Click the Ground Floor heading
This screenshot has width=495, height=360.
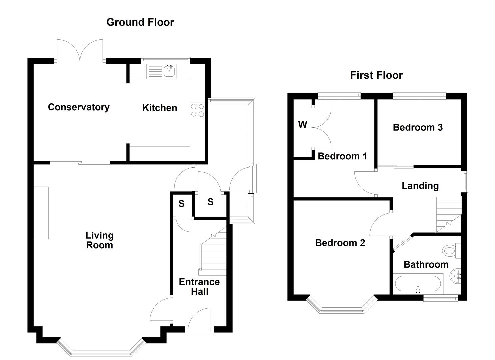pos(140,22)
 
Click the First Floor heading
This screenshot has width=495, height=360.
pos(376,75)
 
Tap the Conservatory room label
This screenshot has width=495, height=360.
pos(79,107)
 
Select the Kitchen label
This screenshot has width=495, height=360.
pos(159,108)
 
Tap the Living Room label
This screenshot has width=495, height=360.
pos(99,240)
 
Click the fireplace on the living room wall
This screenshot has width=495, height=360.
pos(41,213)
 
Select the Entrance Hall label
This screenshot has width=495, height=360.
pos(199,287)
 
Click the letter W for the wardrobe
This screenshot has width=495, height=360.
pos(302,125)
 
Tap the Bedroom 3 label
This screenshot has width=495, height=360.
pos(417,127)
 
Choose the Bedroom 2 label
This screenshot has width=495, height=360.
pos(340,243)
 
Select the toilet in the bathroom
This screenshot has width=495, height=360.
pos(451,250)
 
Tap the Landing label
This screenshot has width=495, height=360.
pos(420,186)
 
